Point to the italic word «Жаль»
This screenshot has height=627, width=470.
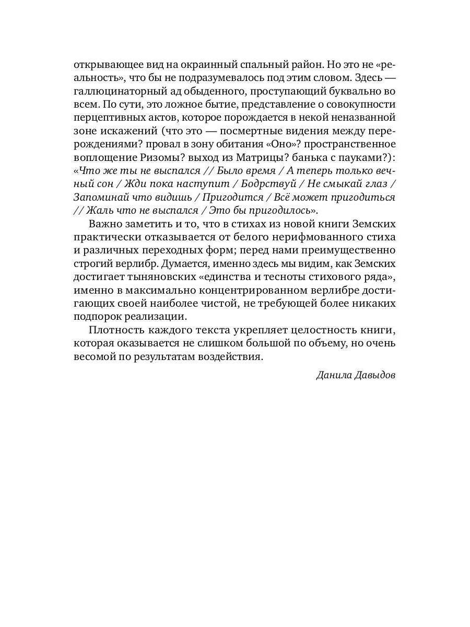(97, 211)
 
